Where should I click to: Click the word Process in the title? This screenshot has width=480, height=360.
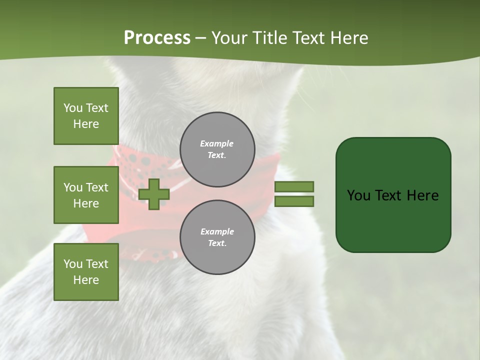coord(157,38)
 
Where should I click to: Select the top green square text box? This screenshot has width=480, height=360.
coord(86,116)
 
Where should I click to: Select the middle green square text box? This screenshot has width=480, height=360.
coord(86,195)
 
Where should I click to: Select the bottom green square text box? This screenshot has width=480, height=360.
coord(86,272)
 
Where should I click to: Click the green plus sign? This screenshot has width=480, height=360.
coord(154,194)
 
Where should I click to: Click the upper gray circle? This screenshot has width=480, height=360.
coord(217,149)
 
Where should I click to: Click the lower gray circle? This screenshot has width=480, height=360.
coord(217,237)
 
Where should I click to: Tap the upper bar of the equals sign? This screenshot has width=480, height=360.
coord(294,186)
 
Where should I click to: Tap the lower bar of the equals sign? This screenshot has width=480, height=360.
coord(294,201)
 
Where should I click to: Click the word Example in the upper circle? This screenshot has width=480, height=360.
coord(217,144)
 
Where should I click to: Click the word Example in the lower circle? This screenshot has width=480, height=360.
coord(217,232)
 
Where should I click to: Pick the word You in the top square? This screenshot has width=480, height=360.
coord(73,108)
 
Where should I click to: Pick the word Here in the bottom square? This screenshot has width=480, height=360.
coord(86,280)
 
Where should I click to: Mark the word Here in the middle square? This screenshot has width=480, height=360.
coord(86,203)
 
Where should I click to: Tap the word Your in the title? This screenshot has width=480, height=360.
coord(228,38)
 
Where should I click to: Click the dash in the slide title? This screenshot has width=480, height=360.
coord(201,38)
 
